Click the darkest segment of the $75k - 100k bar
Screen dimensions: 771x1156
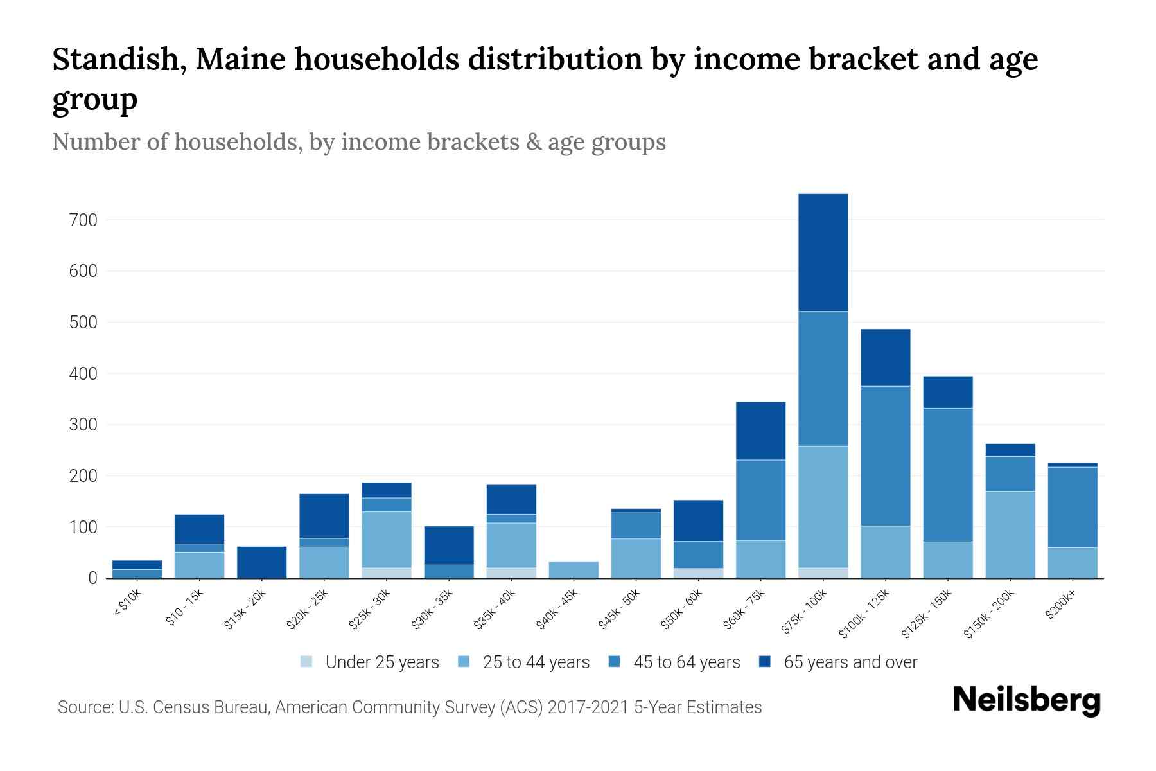click(x=823, y=253)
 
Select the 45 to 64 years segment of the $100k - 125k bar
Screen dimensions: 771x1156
click(x=885, y=456)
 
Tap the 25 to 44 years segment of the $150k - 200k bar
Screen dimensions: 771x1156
click(x=1010, y=535)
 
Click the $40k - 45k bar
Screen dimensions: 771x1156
click(x=574, y=570)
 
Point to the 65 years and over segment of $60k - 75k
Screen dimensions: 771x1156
click(x=760, y=430)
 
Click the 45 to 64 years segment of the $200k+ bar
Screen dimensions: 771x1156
click(x=1072, y=507)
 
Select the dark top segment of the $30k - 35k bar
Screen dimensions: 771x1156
click(x=448, y=545)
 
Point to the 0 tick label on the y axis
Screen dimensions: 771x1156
click(x=92, y=578)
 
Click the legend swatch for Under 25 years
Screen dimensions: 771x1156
click(x=307, y=662)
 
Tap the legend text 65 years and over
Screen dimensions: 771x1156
click(x=850, y=662)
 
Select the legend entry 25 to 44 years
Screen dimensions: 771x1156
click(x=536, y=662)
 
